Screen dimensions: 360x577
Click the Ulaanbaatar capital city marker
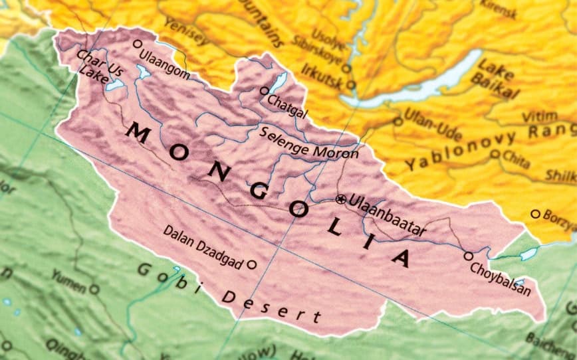coord(341,199)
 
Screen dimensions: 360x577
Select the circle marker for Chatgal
coord(265,91)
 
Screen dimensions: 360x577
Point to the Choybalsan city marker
coord(469,256)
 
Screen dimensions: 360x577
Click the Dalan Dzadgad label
coord(203,246)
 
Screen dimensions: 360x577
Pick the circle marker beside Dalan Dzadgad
coord(252,264)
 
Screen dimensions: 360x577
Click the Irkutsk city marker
coord(350,84)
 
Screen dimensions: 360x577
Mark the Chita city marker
coord(495,153)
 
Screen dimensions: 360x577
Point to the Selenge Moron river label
coord(308,142)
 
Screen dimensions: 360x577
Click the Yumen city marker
coord(94,289)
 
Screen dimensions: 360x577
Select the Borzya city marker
coord(535,214)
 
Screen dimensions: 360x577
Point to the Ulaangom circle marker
coord(138,44)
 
